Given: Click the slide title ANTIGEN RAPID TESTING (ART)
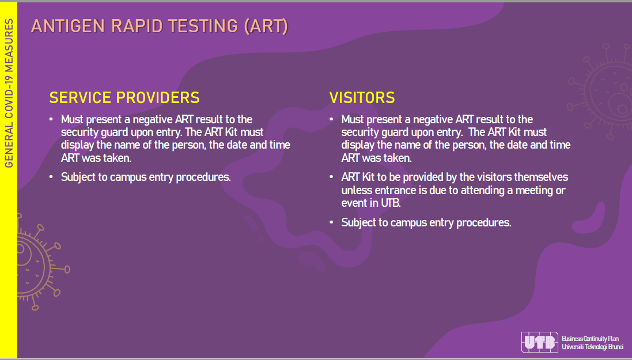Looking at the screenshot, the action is (160, 26).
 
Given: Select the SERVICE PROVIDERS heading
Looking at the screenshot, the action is (124, 98).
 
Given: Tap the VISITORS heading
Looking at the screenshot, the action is (362, 98).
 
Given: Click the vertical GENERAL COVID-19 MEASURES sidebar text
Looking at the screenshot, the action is (9, 93).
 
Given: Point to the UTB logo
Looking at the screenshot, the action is (539, 342).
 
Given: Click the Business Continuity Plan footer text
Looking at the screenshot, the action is (590, 339).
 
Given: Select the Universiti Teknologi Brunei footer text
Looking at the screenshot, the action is (592, 347).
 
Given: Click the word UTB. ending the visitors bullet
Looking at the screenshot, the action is (391, 203).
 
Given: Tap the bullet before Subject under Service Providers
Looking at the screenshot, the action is (51, 177).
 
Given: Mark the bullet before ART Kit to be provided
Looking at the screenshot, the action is (331, 177).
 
